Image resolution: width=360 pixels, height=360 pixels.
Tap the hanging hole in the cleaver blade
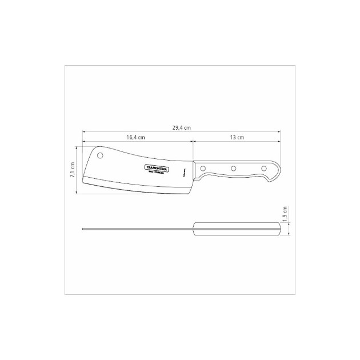coord(100,155)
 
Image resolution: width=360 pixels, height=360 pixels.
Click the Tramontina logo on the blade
coord(153,169)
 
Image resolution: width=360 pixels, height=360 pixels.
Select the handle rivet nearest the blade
coord(203,168)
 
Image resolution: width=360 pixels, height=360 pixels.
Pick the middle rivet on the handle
coord(233,168)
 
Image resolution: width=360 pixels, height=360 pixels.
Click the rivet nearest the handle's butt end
coord(263,168)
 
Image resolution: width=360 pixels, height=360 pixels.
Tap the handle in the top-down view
coord(237,229)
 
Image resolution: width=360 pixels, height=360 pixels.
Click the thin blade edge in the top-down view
coord(137,230)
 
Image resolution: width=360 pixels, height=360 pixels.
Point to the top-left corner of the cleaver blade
coord(85,147)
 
